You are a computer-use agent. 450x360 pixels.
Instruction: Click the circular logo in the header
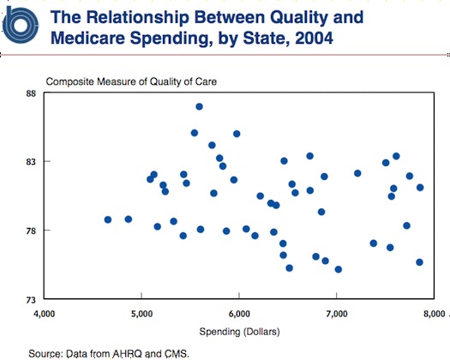pos(20,25)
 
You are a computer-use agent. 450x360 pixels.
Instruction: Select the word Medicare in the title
pos(88,38)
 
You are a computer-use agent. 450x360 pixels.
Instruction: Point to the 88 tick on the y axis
pos(32,93)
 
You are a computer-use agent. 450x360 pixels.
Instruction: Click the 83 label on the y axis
pos(32,162)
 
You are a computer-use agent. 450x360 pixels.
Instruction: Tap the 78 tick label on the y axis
pos(32,231)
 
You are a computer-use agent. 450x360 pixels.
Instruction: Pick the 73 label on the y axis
pos(32,300)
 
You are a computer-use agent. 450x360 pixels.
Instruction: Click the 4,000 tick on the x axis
pos(45,314)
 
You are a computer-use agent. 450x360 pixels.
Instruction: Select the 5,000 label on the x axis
pos(141,314)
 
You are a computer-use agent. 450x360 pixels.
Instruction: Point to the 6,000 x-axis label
pos(239,314)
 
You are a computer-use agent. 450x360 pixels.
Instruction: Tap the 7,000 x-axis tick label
pos(337,314)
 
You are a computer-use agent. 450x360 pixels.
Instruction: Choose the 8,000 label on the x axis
pos(434,314)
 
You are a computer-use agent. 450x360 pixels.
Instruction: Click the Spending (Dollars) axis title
pos(239,332)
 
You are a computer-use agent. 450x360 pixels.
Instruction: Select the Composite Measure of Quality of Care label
pos(131,81)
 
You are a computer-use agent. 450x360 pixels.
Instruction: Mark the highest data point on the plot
pos(199,107)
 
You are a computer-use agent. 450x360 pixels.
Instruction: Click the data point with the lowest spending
pos(108,219)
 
